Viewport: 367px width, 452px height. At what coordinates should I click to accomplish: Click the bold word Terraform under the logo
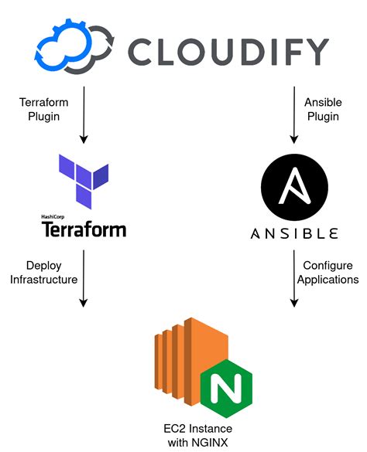pyautogui.click(x=83, y=229)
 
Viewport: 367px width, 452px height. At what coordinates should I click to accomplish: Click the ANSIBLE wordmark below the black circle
pyautogui.click(x=294, y=233)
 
